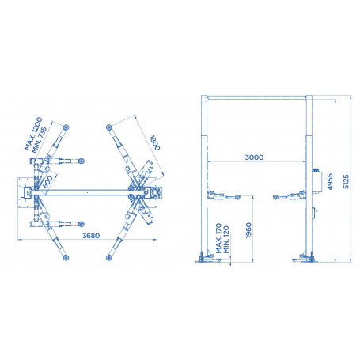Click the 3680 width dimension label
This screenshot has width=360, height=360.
pyautogui.click(x=91, y=236)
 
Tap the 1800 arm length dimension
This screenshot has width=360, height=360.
pyautogui.click(x=155, y=142)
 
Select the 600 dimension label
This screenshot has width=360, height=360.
pyautogui.click(x=47, y=182)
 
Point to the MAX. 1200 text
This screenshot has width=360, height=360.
pyautogui.click(x=33, y=134)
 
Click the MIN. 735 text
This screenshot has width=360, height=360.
pyautogui.click(x=39, y=140)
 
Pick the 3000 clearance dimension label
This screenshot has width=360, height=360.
pyautogui.click(x=254, y=157)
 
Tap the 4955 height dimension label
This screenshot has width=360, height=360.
pyautogui.click(x=330, y=181)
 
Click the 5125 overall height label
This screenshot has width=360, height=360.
pyautogui.click(x=346, y=181)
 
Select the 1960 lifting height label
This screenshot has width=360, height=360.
pyautogui.click(x=248, y=230)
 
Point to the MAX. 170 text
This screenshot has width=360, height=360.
pyautogui.click(x=218, y=238)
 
